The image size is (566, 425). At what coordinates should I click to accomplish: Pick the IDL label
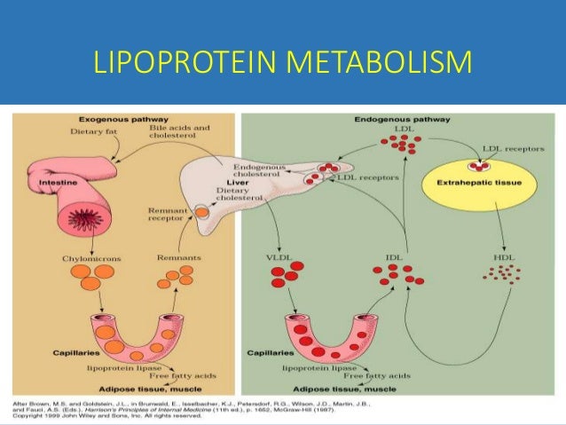pyautogui.click(x=396, y=257)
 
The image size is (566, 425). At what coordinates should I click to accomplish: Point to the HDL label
pyautogui.click(x=501, y=257)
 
